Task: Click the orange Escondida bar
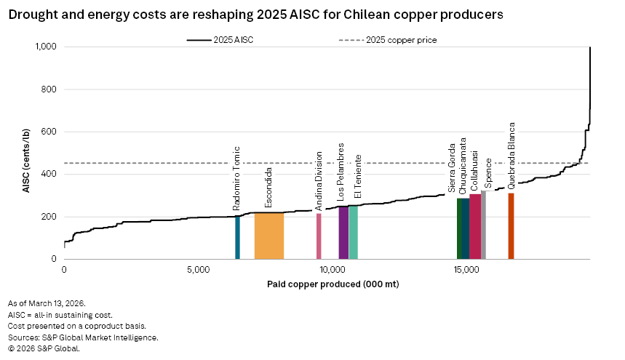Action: coord(268,236)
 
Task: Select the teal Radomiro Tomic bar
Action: coord(237,238)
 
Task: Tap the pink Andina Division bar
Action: coord(319,236)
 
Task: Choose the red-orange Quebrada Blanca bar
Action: coord(511,226)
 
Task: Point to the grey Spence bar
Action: coord(483,225)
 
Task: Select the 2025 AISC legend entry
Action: coord(219,40)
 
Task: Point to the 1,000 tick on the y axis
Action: coord(49,47)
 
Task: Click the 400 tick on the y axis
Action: coord(52,175)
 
